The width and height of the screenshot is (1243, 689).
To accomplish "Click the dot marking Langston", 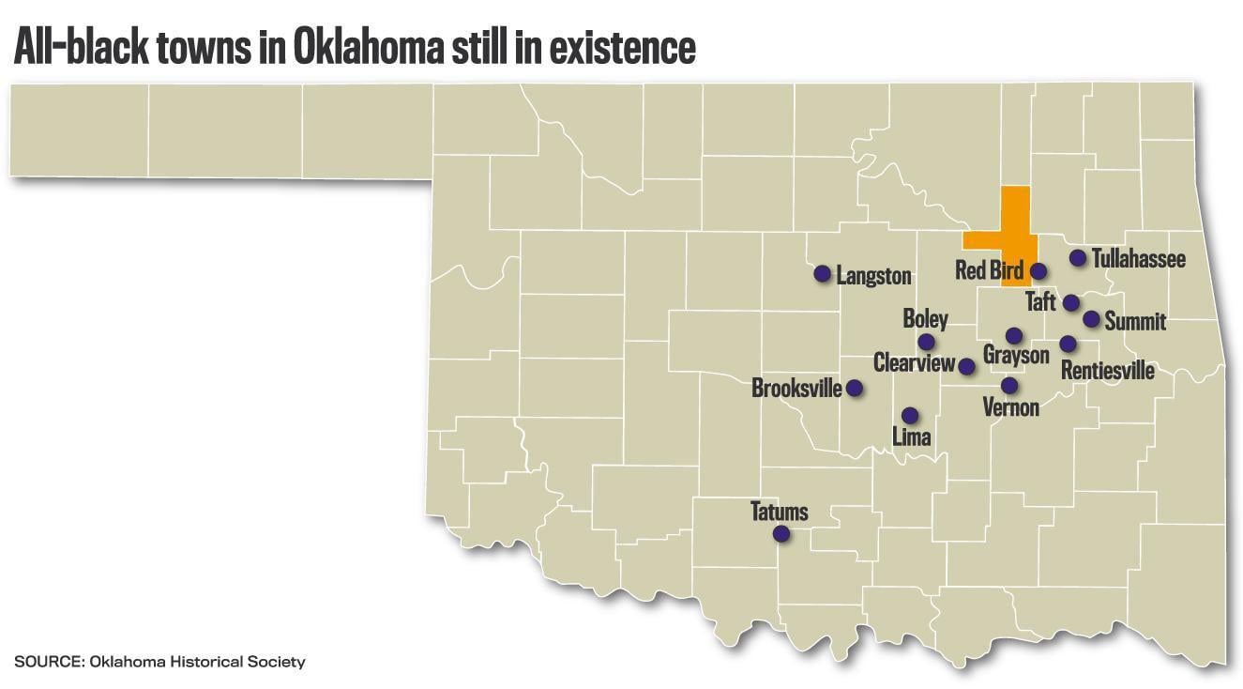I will pyautogui.click(x=822, y=274).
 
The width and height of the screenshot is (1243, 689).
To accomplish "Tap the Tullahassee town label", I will pyautogui.click(x=1138, y=258).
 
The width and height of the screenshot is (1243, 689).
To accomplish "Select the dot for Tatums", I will pyautogui.click(x=781, y=534).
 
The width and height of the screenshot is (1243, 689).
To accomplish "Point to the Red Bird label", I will pyautogui.click(x=989, y=271).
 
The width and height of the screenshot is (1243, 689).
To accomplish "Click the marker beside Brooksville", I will pyautogui.click(x=855, y=388).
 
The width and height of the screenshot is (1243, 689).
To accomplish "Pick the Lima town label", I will pyautogui.click(x=911, y=436).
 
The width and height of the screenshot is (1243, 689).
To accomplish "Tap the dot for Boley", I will pyautogui.click(x=926, y=343).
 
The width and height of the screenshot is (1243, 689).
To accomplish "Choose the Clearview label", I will pyautogui.click(x=914, y=363).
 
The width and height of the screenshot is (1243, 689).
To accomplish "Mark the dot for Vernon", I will pyautogui.click(x=1008, y=385).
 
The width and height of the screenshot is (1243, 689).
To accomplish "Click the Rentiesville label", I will pyautogui.click(x=1107, y=370).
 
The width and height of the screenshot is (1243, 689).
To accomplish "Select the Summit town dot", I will pyautogui.click(x=1091, y=319).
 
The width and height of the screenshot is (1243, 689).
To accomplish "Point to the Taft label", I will pyautogui.click(x=1040, y=302).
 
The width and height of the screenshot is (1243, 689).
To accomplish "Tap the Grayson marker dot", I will pyautogui.click(x=1013, y=335).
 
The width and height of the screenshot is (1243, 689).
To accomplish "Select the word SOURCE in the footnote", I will pyautogui.click(x=48, y=662).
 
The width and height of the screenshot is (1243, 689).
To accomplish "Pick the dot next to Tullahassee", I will pyautogui.click(x=1077, y=258).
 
